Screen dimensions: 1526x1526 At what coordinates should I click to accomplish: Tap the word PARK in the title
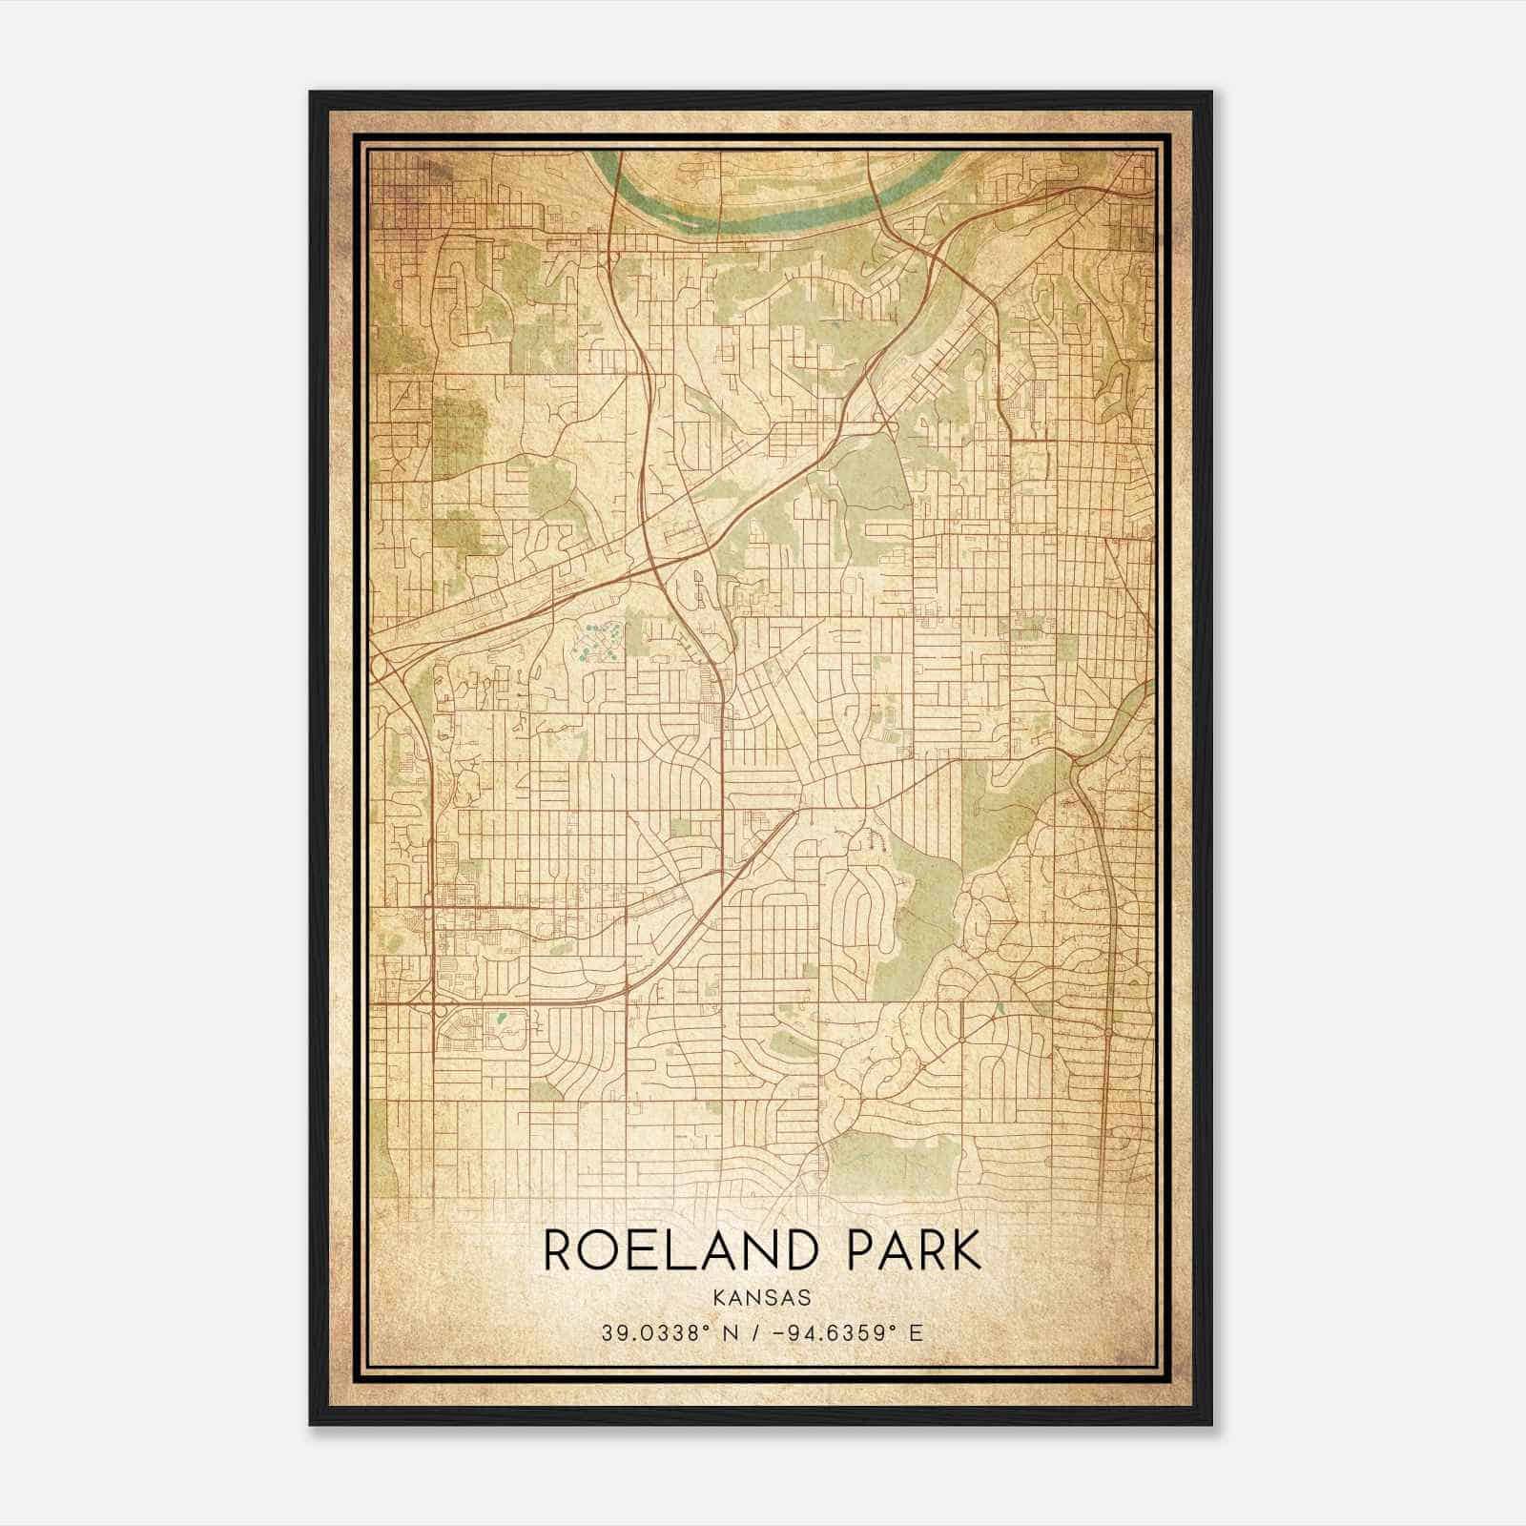coord(914,1251)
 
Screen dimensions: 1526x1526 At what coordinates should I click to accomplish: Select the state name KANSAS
coord(762,1298)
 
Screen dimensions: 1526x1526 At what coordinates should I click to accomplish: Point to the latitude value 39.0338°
coord(652,1333)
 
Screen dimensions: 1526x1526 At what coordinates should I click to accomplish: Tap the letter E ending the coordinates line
coord(916,1333)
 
